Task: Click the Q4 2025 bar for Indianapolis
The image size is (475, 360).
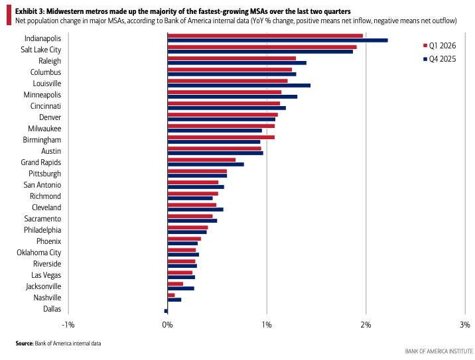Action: coord(277,40)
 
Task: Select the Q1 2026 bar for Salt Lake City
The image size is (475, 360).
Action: coord(262,47)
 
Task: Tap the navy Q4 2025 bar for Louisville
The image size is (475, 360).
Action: coord(239,86)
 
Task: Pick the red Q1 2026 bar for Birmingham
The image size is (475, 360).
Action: coord(221,137)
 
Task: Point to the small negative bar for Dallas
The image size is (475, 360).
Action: coord(166,311)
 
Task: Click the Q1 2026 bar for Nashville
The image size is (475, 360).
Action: coord(171,295)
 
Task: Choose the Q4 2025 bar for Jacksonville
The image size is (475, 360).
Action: coord(181,288)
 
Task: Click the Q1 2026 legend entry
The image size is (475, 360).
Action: coord(440,46)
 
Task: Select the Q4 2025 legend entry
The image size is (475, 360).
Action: coord(440,59)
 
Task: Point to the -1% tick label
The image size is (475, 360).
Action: coord(68,325)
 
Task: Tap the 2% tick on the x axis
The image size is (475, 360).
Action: coord(366,325)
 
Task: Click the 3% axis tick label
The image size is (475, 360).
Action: coord(465,325)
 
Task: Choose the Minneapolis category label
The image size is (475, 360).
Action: coord(42,95)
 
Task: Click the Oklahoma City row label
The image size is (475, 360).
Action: coord(38,253)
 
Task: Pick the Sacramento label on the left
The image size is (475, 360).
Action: coord(42,219)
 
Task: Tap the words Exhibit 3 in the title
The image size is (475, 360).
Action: coord(30,11)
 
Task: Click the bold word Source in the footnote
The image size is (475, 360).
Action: coord(25,343)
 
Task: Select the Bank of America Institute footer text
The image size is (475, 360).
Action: coord(439,351)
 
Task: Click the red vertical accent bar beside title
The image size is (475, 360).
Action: coord(9,15)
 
